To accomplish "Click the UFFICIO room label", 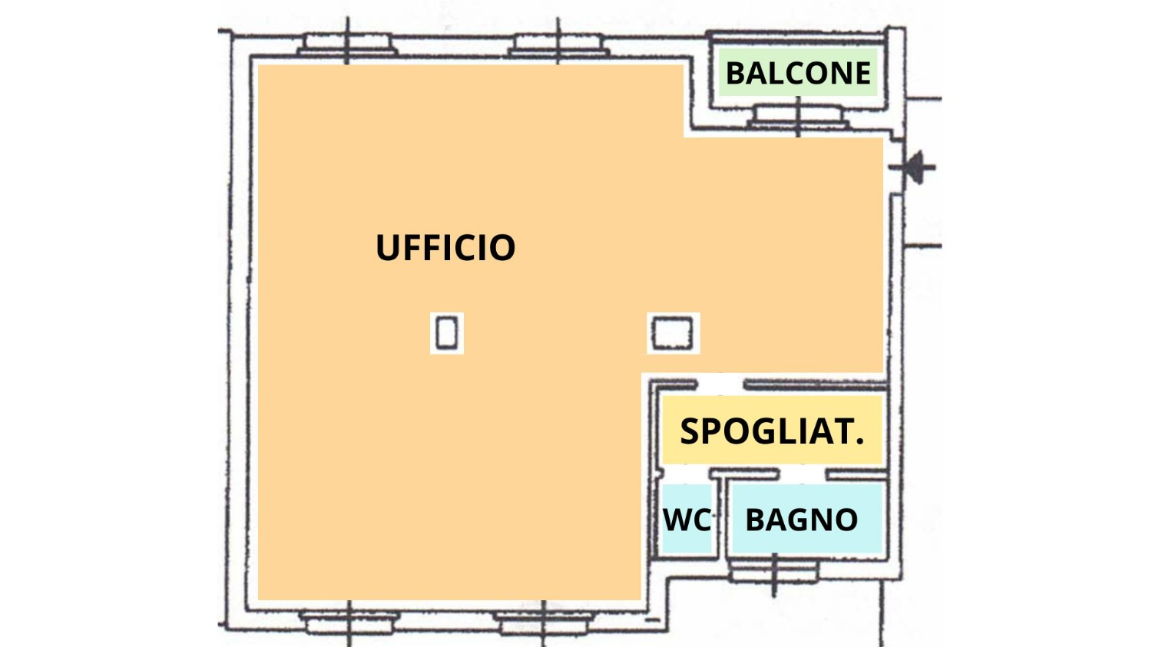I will click(445, 248).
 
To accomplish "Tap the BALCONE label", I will click(798, 74).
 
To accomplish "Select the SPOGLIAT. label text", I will click(772, 431).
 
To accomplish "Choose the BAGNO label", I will click(801, 520).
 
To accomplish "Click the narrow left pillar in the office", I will click(447, 333).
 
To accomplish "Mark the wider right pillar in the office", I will click(673, 333).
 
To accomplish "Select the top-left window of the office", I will click(347, 46).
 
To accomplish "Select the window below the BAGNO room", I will click(774, 571).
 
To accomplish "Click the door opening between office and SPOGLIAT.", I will click(720, 384).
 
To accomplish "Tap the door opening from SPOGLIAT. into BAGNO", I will click(802, 474).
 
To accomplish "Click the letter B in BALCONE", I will click(736, 74).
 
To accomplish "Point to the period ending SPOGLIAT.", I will click(859, 442).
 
